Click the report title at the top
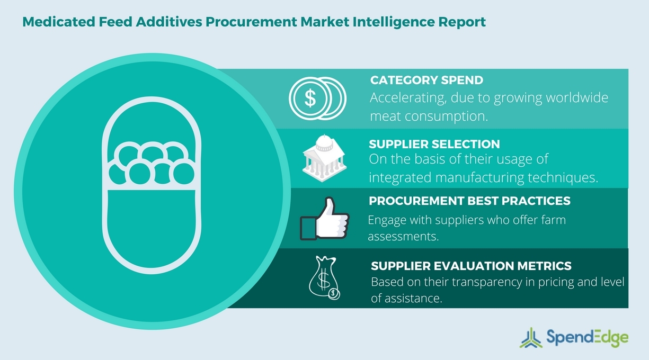click(x=254, y=23)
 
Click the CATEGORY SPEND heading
click(x=426, y=80)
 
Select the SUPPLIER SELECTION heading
click(x=434, y=145)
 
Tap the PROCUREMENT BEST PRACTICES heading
click(x=469, y=201)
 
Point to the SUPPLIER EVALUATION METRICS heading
click(x=471, y=266)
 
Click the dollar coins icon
click(x=317, y=98)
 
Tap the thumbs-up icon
click(x=324, y=219)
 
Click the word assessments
click(x=403, y=236)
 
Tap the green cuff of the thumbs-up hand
click(x=308, y=228)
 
